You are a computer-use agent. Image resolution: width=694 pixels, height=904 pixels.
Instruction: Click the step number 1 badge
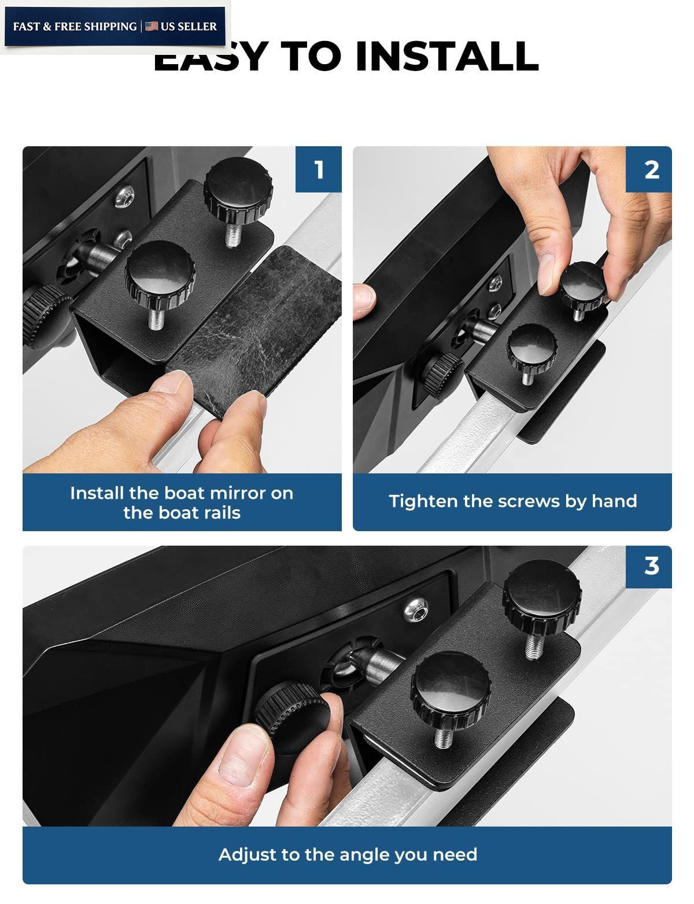click(318, 169)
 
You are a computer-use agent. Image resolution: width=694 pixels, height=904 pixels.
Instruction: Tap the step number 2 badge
click(648, 169)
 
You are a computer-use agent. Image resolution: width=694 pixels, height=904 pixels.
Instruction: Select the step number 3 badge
click(648, 566)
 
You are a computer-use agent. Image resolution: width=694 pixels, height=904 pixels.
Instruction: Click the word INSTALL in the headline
click(447, 56)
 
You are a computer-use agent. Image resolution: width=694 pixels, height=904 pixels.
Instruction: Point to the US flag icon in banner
click(152, 26)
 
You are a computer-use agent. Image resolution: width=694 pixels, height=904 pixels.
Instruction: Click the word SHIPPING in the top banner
click(111, 27)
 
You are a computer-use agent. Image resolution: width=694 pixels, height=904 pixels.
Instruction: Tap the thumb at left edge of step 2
click(363, 302)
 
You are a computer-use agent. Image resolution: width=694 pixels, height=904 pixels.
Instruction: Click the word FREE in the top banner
click(69, 27)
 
